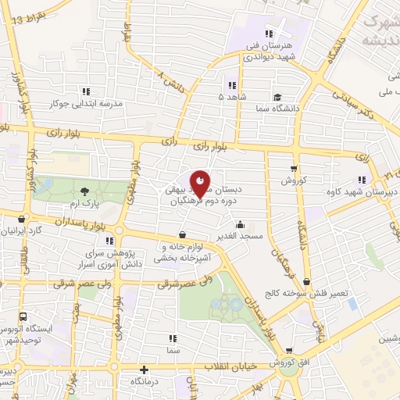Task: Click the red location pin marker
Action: (200, 184)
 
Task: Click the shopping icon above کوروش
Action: (293, 169)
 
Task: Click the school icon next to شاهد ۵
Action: (232, 85)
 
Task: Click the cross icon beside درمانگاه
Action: (143, 370)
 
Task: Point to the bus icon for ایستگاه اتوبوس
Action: (23, 317)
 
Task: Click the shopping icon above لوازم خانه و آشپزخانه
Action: (182, 234)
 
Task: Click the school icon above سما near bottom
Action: (172, 338)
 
